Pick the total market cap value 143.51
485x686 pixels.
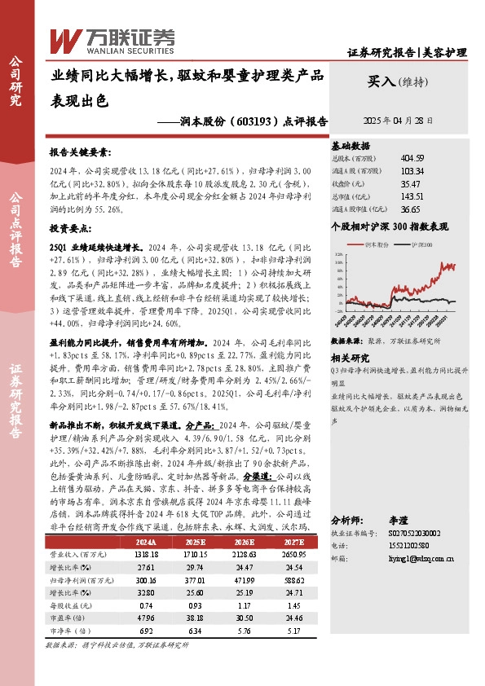point(412,196)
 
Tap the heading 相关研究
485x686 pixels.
point(351,357)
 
